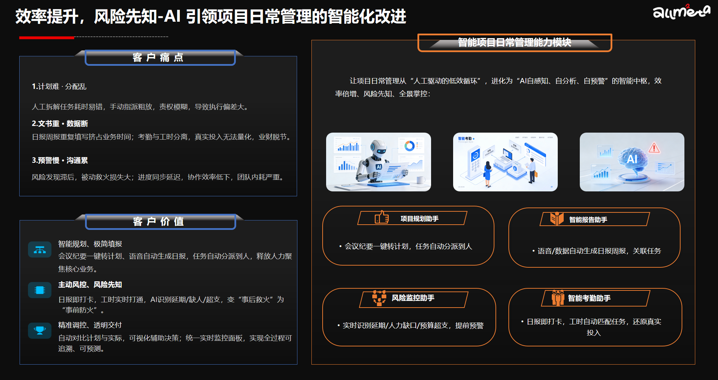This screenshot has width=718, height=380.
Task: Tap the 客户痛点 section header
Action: pos(159,57)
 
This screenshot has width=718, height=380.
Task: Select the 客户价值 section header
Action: pos(159,221)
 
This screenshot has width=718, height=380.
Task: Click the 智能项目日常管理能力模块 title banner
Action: pos(514,43)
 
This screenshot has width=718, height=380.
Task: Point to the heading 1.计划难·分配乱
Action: pos(59,86)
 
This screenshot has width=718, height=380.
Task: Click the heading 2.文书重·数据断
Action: pos(60,124)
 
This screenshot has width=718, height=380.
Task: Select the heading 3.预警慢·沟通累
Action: pos(60,160)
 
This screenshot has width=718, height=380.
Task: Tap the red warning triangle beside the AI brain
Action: pos(654,148)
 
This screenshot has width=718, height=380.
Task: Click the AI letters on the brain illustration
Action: pos(632,159)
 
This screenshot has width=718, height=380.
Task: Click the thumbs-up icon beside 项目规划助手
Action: pos(382,218)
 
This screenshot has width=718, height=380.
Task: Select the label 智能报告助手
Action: pos(588,220)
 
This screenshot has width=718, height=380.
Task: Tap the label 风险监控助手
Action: pos(413,298)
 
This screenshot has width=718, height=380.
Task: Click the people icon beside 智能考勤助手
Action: pos(558,298)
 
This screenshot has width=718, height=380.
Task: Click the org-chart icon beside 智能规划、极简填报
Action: pos(40,250)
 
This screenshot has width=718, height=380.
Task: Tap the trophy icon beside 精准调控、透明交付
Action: pos(40,330)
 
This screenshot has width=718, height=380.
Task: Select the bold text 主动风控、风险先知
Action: pos(90,284)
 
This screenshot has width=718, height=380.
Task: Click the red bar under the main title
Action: pos(47,37)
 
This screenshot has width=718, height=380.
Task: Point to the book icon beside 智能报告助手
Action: pos(557,219)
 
